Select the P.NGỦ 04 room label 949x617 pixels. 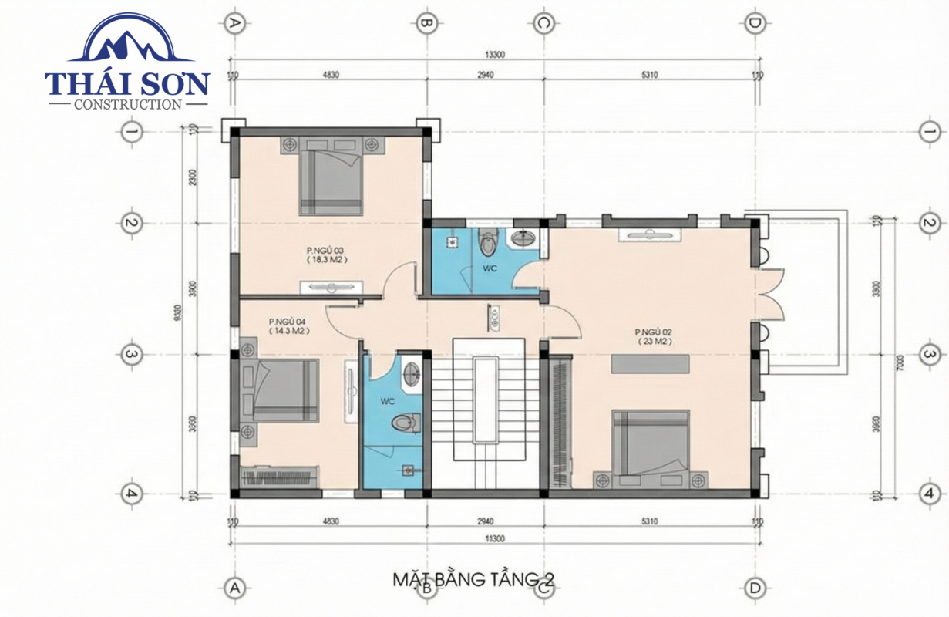(x=288, y=325)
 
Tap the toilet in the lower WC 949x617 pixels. (x=405, y=423)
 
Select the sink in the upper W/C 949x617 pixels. (x=525, y=237)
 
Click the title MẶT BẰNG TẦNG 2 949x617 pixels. (x=473, y=579)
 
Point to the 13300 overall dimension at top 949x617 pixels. (x=495, y=55)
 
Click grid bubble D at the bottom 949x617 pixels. (x=755, y=588)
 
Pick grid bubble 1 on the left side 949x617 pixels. (x=132, y=132)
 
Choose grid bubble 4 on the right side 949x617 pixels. (x=929, y=494)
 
